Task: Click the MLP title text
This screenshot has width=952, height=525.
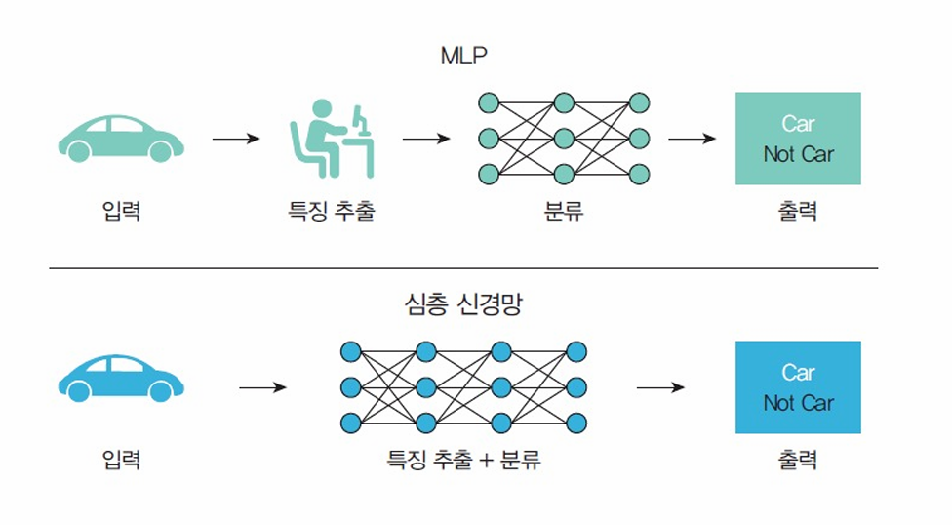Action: (463, 57)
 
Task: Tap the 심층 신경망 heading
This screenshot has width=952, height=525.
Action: (463, 304)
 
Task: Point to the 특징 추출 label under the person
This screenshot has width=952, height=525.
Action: (331, 211)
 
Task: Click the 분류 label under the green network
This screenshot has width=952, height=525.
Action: (563, 211)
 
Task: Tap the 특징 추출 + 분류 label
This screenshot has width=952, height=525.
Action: (463, 460)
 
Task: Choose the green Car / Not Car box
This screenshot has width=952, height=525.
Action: (798, 139)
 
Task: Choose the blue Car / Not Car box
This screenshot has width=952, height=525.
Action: (798, 387)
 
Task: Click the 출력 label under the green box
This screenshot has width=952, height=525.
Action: (797, 211)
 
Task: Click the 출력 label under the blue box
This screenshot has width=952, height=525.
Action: (797, 460)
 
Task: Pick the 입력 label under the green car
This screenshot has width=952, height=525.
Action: (121, 211)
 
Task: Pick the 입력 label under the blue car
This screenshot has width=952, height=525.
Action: (121, 460)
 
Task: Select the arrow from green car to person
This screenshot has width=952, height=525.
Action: (236, 139)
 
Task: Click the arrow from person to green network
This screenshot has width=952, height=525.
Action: (426, 139)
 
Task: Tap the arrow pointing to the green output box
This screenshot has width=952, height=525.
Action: (692, 139)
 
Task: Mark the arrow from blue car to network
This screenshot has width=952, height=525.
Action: (262, 387)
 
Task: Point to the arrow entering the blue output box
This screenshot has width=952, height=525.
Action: (660, 387)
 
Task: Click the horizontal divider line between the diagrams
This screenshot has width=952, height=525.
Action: (463, 268)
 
